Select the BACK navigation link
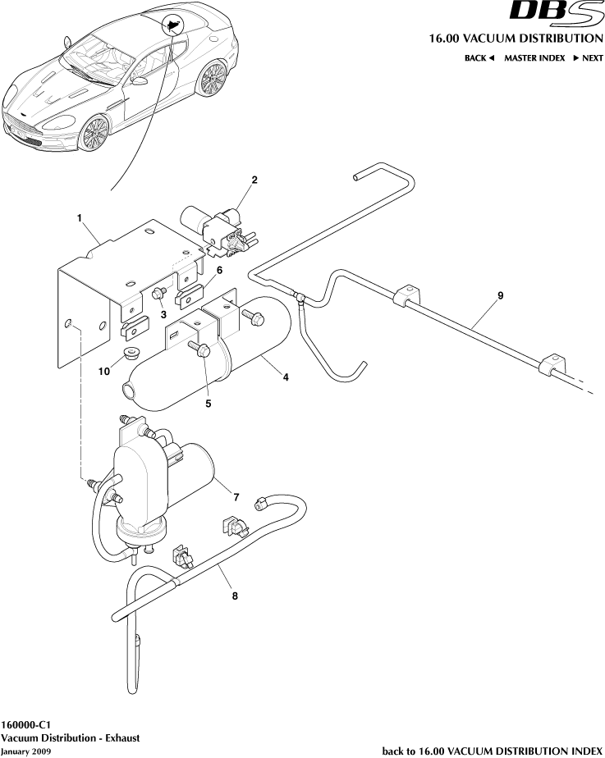coord(479,58)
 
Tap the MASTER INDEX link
coord(534,58)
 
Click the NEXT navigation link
coord(588,58)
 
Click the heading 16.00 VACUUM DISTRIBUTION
coord(516,39)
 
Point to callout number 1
coord(80,218)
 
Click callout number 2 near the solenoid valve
coord(254,180)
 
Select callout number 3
coord(163,313)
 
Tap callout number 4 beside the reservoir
coord(285,377)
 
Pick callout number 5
coord(209,403)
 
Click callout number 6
coord(219,270)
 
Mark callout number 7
coord(236,497)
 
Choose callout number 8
coord(235,596)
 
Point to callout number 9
coord(500,294)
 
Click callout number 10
coord(104,371)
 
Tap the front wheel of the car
coord(94,134)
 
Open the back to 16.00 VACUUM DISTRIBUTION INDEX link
coord(493,751)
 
